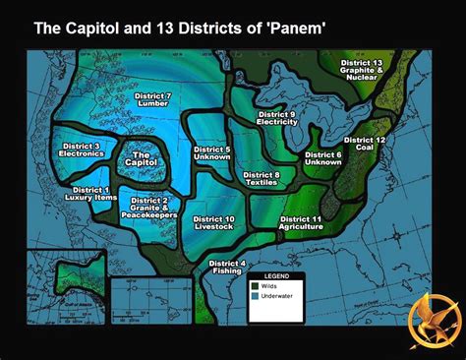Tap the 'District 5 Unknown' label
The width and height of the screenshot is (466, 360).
[212, 152]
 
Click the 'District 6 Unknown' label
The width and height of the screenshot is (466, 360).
[323, 159]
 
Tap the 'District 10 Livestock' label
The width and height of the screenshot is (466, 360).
[214, 223]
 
